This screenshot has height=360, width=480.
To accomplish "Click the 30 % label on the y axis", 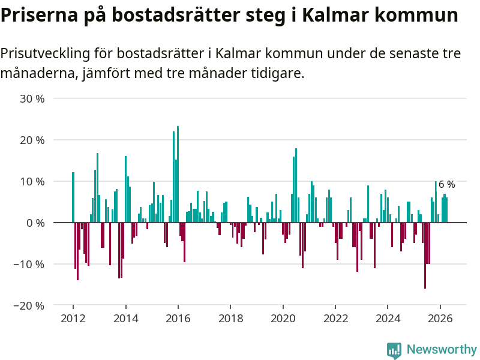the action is (x=32, y=99).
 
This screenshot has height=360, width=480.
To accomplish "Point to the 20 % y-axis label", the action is (x=32, y=140).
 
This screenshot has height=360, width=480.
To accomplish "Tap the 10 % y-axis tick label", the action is (x=32, y=182).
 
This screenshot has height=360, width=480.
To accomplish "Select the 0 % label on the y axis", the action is (x=35, y=223).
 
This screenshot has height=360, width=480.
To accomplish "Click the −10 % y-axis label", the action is (x=29, y=264).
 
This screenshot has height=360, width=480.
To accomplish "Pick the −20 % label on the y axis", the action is (x=29, y=305).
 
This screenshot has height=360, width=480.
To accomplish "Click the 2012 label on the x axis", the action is (x=73, y=319).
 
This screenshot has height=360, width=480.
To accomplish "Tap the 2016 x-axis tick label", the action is (x=178, y=319).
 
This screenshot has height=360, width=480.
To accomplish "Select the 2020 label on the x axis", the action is (x=283, y=319).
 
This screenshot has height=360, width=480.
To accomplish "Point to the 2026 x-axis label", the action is (x=440, y=319).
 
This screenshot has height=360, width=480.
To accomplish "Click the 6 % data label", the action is (x=446, y=184).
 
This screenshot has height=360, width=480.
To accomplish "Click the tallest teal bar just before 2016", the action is (x=178, y=174).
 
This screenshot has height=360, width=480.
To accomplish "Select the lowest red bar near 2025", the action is (x=425, y=256).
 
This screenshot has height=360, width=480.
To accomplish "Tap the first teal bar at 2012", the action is (x=73, y=197).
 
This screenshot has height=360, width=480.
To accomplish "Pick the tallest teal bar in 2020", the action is (x=296, y=185).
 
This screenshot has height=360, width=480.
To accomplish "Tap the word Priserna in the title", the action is (x=40, y=14).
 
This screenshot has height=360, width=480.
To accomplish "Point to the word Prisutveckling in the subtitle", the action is (x=46, y=53).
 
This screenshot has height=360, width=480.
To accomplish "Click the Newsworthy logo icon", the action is (x=394, y=350).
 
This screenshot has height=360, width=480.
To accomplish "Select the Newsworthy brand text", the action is (x=442, y=349).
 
